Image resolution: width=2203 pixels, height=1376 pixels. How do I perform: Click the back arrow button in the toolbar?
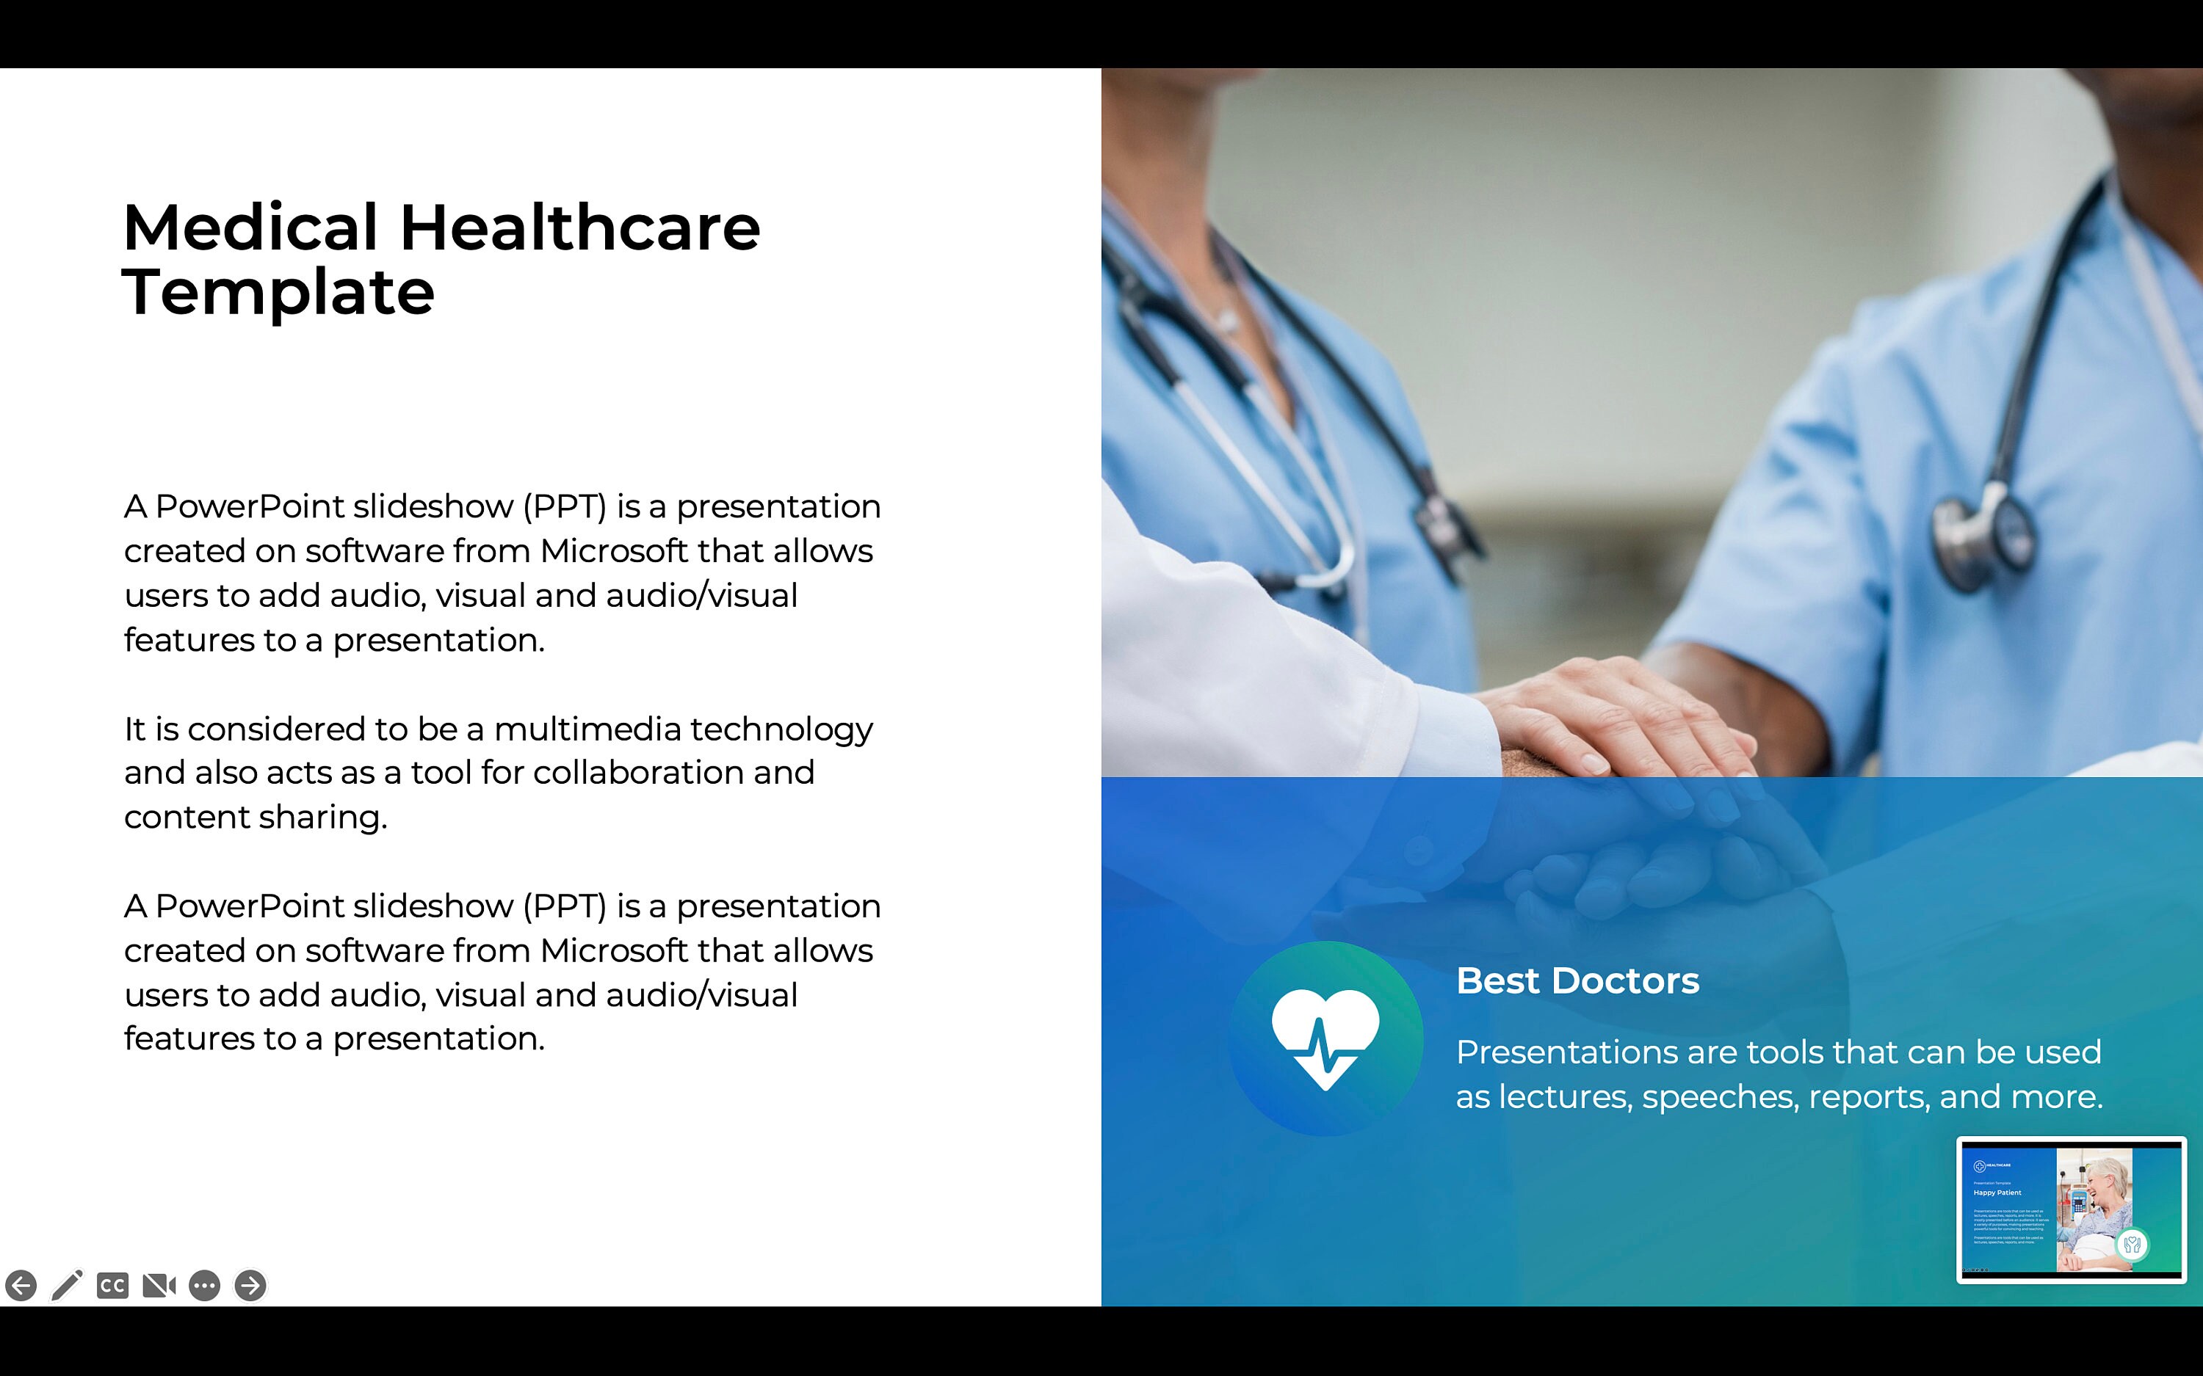(x=21, y=1285)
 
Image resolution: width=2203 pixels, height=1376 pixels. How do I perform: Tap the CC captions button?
(x=113, y=1285)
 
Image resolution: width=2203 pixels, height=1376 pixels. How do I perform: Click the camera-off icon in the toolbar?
(x=159, y=1285)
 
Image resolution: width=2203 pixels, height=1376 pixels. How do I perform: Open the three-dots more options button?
(x=205, y=1285)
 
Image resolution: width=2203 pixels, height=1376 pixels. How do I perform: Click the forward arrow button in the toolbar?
(x=250, y=1285)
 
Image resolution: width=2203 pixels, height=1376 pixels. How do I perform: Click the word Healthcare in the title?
(x=580, y=227)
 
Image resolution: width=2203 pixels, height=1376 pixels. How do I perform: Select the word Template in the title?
(x=278, y=293)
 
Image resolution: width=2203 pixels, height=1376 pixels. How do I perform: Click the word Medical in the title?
(x=250, y=227)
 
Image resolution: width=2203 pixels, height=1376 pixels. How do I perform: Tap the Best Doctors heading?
(x=1577, y=981)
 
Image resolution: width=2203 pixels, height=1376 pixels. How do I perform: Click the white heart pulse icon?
(x=1325, y=1038)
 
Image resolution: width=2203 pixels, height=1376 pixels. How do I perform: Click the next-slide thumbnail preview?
(x=2071, y=1209)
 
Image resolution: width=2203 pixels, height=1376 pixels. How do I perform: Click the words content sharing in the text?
(x=255, y=818)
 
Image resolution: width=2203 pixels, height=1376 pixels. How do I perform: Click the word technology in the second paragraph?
(x=781, y=729)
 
